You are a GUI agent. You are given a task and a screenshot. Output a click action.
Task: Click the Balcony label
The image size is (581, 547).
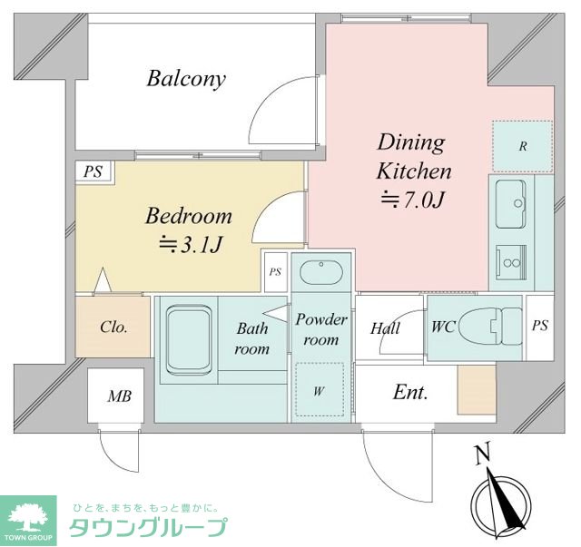[x=186, y=79]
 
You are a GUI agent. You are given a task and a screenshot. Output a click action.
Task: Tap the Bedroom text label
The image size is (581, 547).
[x=188, y=216]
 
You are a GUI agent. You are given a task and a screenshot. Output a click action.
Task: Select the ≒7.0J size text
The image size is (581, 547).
[x=412, y=200]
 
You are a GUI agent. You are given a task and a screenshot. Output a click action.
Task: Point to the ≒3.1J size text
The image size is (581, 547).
[x=191, y=244]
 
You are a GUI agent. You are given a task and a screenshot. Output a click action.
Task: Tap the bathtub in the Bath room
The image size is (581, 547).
[x=189, y=340]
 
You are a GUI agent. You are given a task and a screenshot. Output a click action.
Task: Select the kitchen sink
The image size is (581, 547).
[x=511, y=204]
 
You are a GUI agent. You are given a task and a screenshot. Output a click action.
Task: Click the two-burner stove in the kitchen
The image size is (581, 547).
[x=511, y=263]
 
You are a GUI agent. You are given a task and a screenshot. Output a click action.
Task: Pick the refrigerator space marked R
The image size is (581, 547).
[x=523, y=146]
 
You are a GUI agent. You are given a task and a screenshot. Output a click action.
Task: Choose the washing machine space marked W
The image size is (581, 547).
[x=320, y=389]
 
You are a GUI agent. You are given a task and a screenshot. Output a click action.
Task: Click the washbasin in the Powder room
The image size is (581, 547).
[x=320, y=272]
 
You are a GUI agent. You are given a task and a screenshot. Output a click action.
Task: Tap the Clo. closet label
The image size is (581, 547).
[x=113, y=327]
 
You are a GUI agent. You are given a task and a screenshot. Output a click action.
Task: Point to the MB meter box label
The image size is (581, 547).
[x=119, y=396]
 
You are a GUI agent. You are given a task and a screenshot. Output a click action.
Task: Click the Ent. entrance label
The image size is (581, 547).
[x=410, y=392]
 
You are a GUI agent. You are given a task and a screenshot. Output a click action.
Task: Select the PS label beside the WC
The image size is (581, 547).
[x=540, y=326]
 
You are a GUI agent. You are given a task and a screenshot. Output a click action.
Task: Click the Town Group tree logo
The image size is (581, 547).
[x=28, y=520]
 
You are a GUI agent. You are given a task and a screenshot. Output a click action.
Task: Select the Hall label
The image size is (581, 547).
[x=385, y=328]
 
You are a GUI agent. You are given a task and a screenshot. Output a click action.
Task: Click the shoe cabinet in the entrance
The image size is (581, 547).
[x=477, y=389]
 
